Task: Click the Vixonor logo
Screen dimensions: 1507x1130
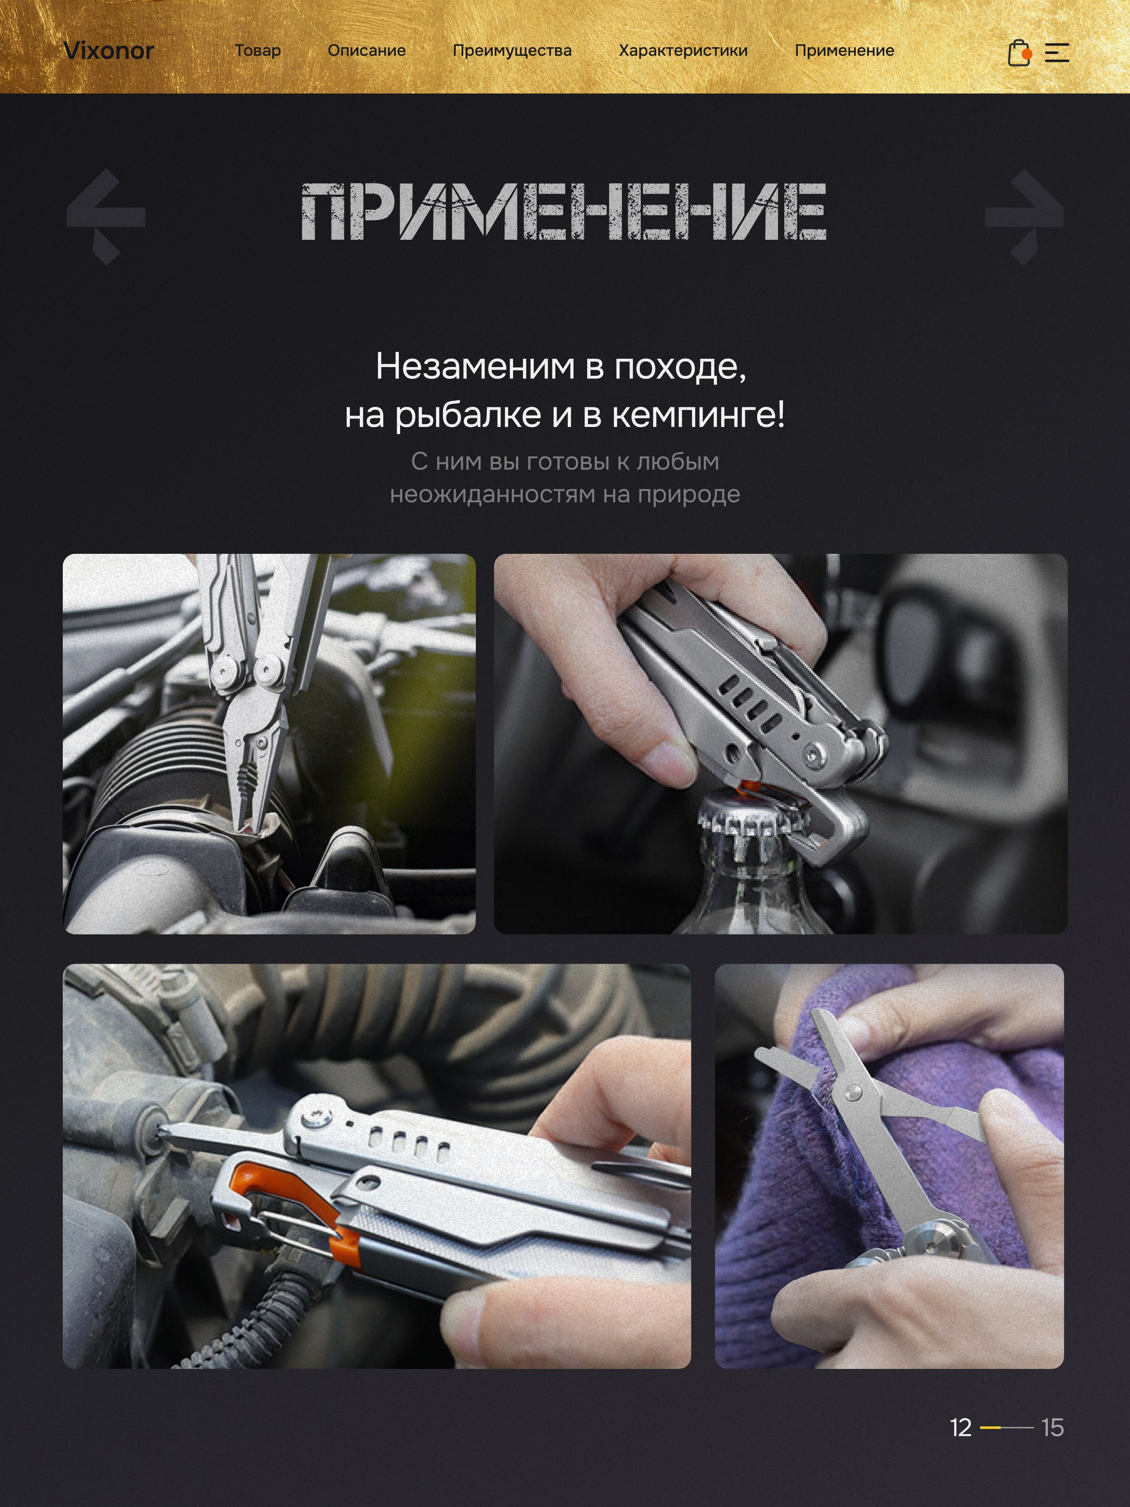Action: click(108, 50)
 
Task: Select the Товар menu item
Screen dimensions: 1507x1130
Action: click(257, 50)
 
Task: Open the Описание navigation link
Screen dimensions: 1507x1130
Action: click(366, 50)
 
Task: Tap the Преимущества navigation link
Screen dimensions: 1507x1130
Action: click(512, 50)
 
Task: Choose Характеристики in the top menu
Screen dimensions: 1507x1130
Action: click(682, 50)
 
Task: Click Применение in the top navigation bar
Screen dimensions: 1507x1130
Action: click(844, 50)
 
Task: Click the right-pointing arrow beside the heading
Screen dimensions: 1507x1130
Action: click(1024, 217)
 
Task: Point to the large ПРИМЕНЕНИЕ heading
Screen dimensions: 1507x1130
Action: click(564, 212)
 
